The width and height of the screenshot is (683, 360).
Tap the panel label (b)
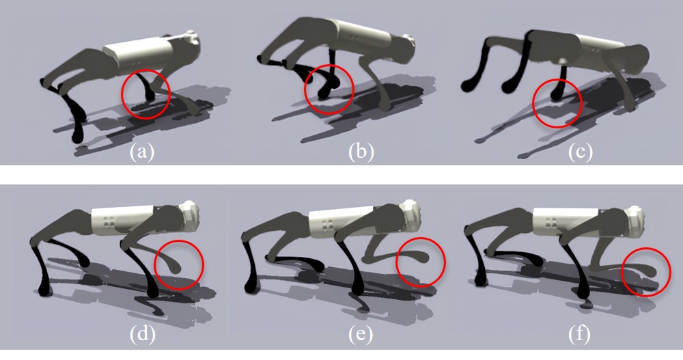[361, 152]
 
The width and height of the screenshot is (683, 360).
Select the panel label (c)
[580, 152]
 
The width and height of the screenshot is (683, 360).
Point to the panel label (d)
[143, 334]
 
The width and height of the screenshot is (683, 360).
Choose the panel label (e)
[361, 334]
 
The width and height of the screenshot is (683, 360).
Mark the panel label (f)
[580, 334]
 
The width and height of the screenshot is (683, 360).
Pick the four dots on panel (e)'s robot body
[325, 224]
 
